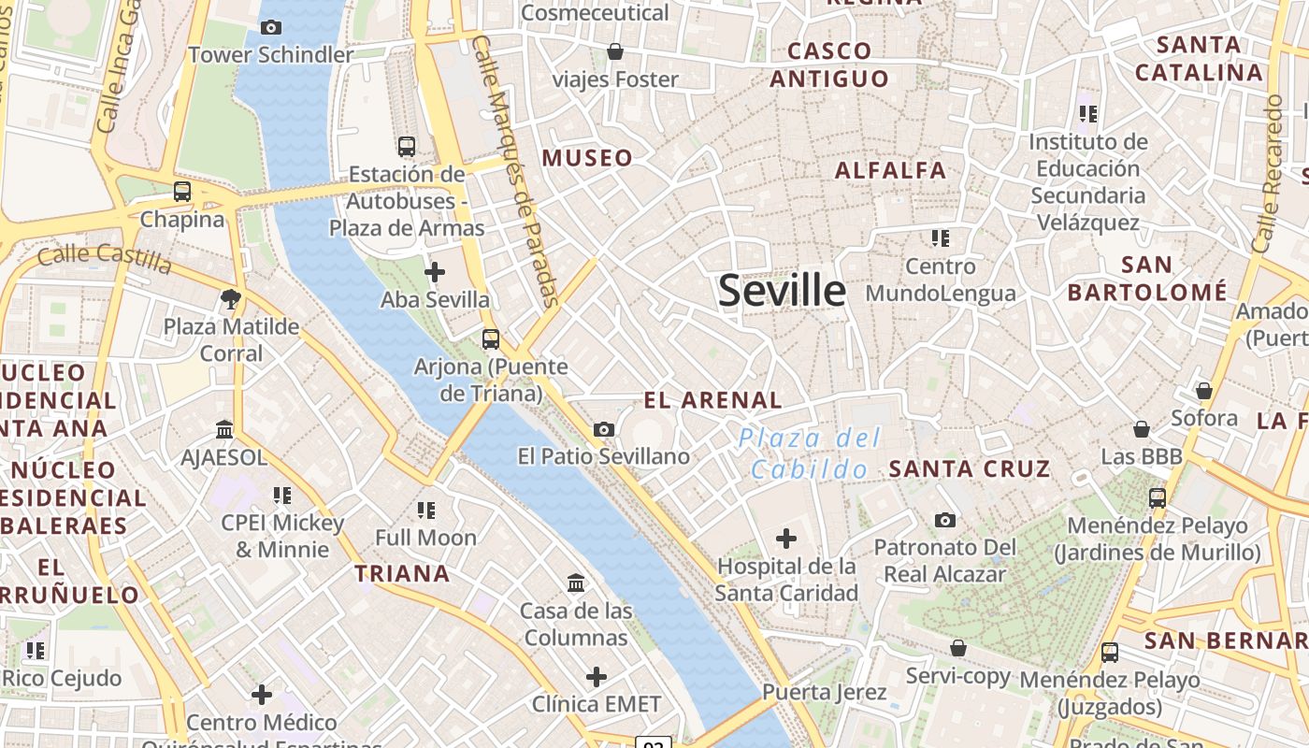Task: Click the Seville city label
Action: (782, 291)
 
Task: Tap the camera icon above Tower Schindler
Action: (271, 27)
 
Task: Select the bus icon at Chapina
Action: (182, 192)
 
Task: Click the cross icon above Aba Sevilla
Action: (435, 272)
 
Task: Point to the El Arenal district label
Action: (712, 400)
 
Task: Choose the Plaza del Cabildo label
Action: (810, 453)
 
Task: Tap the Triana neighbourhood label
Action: (402, 573)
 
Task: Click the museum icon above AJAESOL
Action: (224, 429)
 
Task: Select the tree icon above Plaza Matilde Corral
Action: (231, 299)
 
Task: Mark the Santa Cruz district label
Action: (970, 468)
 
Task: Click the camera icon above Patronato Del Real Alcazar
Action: (945, 520)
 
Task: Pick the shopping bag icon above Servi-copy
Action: (957, 648)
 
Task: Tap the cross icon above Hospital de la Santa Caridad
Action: (786, 538)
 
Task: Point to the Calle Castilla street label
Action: (106, 256)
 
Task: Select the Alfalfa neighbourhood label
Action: (890, 170)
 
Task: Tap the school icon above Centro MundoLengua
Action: (941, 237)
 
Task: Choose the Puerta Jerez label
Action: (824, 692)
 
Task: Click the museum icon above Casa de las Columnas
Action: (576, 583)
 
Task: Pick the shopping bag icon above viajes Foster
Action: (615, 50)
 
